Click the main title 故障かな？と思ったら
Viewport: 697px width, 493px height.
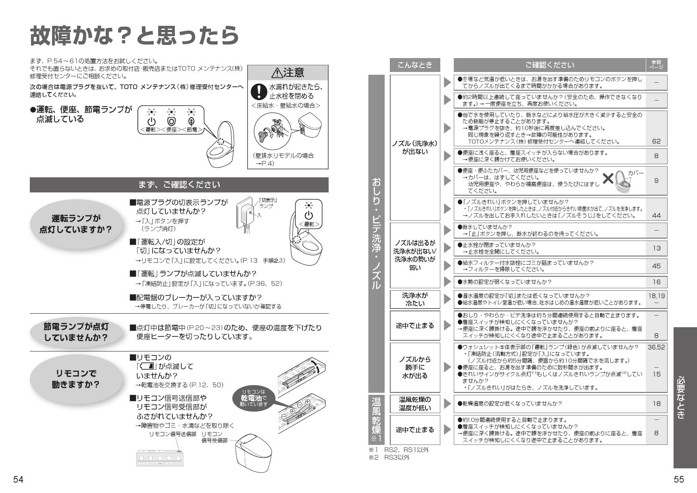pos(134,36)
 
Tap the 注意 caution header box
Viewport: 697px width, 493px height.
pos(288,72)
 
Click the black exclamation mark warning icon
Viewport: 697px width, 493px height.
pos(259,92)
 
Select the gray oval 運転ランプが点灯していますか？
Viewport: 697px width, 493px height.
pos(75,224)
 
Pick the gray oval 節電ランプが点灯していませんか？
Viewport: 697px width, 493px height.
pos(76,332)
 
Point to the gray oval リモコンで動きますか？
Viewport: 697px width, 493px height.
pos(75,379)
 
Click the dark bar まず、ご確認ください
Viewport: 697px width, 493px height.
pos(179,185)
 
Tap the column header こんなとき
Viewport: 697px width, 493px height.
pos(414,65)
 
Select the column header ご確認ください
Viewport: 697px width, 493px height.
pos(550,65)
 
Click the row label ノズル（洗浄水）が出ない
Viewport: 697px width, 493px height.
pos(414,148)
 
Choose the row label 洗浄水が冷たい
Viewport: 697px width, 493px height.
pos(414,299)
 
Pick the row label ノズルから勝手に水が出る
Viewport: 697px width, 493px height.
pos(414,367)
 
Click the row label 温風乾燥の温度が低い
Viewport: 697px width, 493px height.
pos(414,404)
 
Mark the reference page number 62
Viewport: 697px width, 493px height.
pos(656,141)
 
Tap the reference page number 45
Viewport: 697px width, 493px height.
pos(656,266)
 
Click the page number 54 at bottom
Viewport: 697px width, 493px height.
pos(18,479)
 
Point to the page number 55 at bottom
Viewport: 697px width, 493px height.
pos(679,479)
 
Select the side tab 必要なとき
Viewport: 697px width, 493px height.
pos(685,398)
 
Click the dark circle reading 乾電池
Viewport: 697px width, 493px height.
pos(254,398)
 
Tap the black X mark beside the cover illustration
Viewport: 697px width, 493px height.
pos(608,179)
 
